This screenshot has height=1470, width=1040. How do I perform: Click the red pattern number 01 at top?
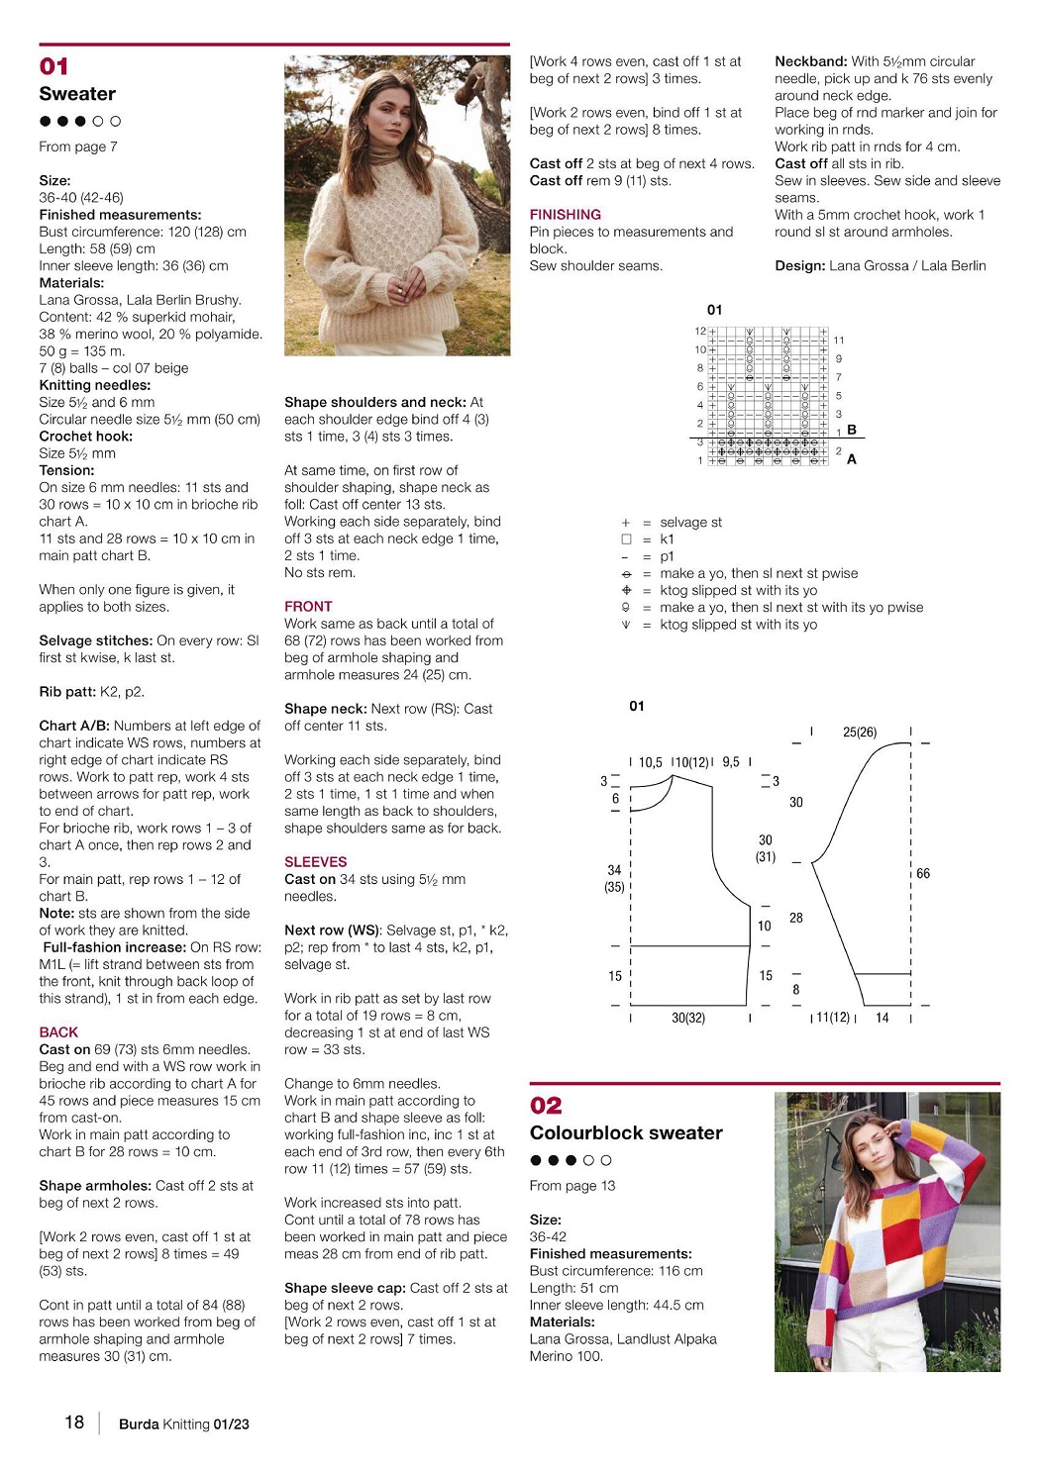tap(53, 66)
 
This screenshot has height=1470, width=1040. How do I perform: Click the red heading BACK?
tap(58, 1031)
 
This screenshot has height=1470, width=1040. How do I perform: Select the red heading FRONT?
tap(308, 606)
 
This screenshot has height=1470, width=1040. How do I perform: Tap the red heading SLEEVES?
tap(315, 861)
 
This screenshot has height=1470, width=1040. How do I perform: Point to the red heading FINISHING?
tap(565, 214)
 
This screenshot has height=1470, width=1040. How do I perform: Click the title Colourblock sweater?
tap(626, 1132)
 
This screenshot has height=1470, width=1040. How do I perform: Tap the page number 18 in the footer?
tap(74, 1421)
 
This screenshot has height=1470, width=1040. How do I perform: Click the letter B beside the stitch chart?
tap(852, 430)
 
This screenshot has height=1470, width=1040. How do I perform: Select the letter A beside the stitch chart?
tap(852, 459)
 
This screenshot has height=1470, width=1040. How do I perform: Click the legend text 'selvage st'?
tap(690, 522)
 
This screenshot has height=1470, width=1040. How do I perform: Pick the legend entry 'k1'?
tap(667, 539)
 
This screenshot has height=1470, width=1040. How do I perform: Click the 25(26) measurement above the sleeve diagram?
tap(860, 732)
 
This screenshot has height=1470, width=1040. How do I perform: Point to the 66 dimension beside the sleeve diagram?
tap(922, 873)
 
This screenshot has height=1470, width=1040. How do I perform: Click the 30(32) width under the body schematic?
tap(688, 1017)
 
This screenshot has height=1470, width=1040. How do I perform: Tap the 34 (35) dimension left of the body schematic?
tap(614, 878)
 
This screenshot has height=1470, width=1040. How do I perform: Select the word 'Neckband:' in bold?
tap(810, 61)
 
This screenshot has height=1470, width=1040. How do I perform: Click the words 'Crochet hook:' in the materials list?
tap(86, 436)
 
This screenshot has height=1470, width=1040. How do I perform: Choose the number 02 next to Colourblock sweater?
tap(546, 1105)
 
